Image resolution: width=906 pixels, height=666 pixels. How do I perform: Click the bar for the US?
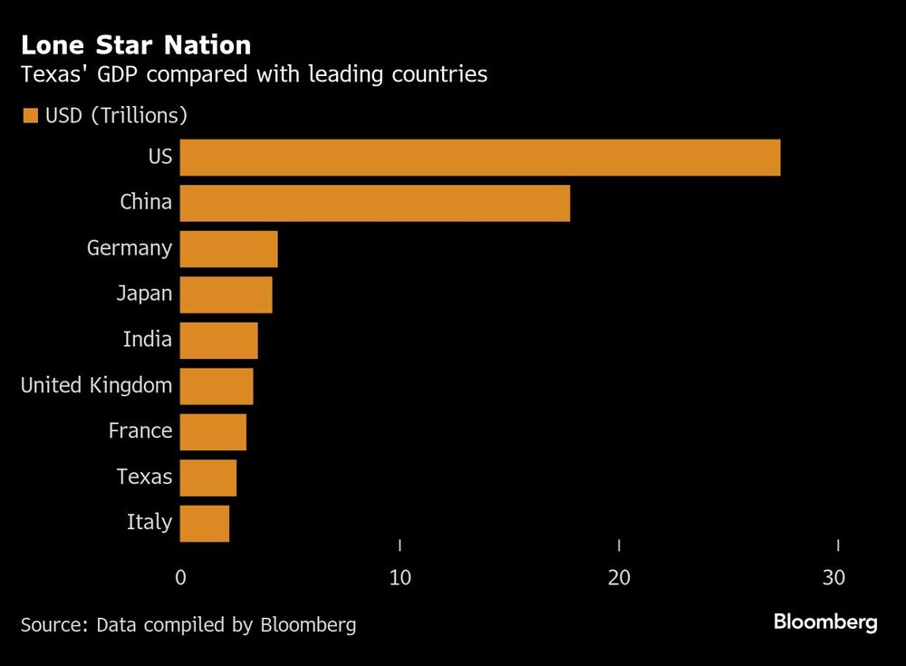480,158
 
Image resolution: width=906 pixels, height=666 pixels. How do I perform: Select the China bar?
375,203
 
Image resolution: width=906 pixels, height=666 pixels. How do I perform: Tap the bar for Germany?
228,249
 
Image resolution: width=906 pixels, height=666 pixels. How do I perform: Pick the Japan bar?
226,294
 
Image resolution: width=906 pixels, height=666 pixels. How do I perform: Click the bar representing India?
218,341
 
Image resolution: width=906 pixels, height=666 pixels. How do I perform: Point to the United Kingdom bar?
217,386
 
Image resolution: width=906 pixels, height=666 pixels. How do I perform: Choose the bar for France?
213,432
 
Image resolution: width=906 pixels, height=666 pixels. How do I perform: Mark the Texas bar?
208,478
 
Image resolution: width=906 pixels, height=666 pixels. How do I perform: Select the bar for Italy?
205,524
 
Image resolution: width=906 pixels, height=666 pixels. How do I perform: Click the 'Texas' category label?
144,476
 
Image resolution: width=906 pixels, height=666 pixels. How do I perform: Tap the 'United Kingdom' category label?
96,385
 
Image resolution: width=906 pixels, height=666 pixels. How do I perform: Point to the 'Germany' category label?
129,248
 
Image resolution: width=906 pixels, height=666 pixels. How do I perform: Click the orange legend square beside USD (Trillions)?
30,116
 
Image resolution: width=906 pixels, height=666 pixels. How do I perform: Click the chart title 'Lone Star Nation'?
136,44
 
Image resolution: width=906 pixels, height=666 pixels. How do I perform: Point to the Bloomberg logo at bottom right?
824,623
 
